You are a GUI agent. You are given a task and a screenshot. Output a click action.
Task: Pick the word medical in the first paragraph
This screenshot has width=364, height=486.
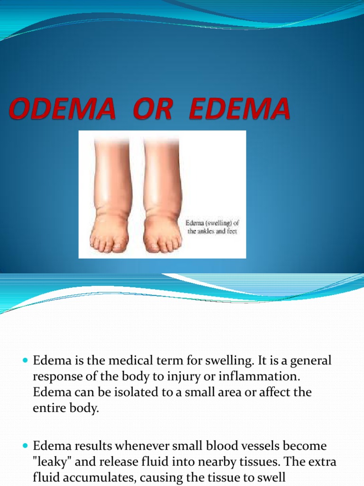tap(120, 361)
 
